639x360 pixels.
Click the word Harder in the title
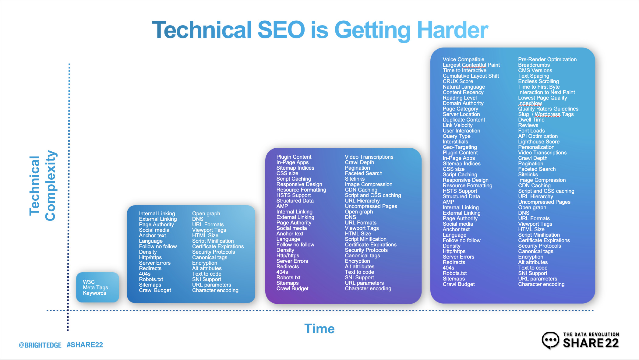tap(452, 30)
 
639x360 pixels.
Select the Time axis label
tap(319, 329)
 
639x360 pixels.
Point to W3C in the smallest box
tap(89, 282)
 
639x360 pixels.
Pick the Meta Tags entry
tap(95, 288)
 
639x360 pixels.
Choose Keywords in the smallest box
tap(94, 293)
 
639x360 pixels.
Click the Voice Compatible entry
tap(463, 59)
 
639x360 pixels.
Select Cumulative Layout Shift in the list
tap(471, 76)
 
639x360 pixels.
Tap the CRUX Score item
tap(458, 81)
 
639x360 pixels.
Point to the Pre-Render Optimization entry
tap(547, 59)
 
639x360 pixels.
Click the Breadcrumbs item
tap(534, 65)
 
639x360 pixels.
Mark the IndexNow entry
tap(530, 103)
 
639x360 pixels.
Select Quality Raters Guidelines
tap(548, 109)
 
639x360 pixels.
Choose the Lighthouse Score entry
tap(539, 142)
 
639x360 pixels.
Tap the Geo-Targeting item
tap(460, 147)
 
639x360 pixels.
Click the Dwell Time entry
tap(531, 120)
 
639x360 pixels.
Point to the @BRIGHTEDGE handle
tap(40, 345)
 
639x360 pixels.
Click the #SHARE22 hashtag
tap(85, 345)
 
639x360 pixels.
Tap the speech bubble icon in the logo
tap(550, 340)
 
